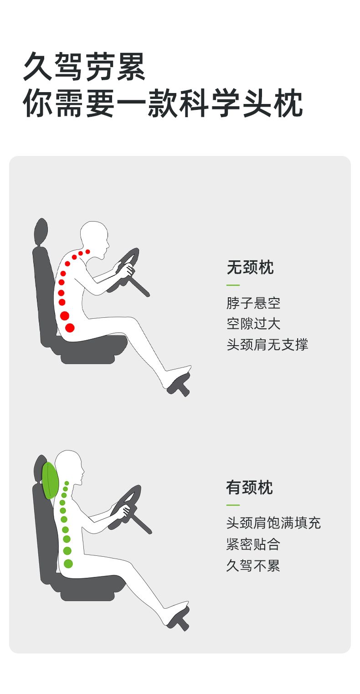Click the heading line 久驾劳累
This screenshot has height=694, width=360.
click(x=84, y=66)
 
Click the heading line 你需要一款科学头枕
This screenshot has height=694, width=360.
click(x=163, y=103)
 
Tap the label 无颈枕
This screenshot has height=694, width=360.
click(x=250, y=267)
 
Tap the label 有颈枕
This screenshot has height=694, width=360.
click(x=249, y=487)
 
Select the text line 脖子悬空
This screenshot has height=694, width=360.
click(x=253, y=303)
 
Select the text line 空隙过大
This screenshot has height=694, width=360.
click(x=253, y=324)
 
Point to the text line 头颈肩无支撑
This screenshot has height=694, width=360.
click(x=267, y=345)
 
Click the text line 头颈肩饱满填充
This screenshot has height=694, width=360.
click(x=273, y=523)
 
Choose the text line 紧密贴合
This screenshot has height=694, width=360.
click(x=253, y=544)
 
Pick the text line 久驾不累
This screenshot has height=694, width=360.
click(x=253, y=565)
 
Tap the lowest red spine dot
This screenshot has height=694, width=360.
click(x=70, y=327)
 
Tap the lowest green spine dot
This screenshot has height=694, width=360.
click(x=68, y=564)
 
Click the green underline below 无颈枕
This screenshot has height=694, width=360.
click(x=233, y=285)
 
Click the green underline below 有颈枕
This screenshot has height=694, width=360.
click(x=233, y=505)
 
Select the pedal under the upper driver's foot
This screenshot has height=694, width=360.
click(x=180, y=385)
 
